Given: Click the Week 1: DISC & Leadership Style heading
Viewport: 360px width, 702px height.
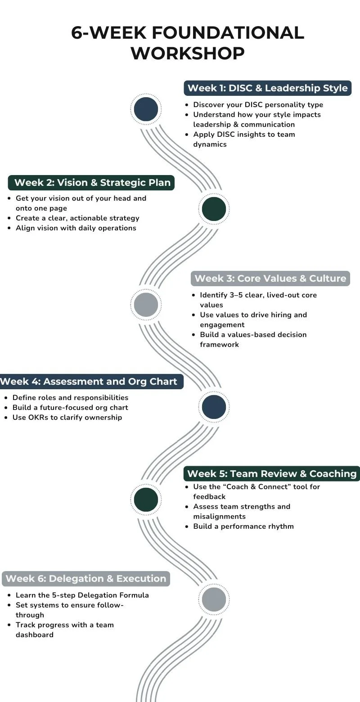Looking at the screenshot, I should click(x=267, y=88).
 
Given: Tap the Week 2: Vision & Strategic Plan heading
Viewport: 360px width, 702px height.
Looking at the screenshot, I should click(x=92, y=182).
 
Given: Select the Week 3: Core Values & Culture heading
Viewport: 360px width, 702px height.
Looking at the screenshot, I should click(x=270, y=279).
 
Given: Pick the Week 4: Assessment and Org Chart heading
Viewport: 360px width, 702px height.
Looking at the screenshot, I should click(x=89, y=382).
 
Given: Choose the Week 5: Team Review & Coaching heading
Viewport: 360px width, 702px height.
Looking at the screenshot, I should click(x=272, y=473).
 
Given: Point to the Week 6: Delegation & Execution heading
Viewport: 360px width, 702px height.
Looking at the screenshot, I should click(x=86, y=578).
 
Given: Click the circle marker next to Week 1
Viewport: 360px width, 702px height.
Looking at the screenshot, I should click(x=146, y=109).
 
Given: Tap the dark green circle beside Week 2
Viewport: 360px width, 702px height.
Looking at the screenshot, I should click(x=214, y=209).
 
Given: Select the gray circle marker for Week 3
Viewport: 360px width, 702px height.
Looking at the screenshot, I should click(x=146, y=305).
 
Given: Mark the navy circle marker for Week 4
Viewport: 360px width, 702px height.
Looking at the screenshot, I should click(x=214, y=407).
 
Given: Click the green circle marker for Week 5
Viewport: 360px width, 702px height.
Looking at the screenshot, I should click(x=146, y=499).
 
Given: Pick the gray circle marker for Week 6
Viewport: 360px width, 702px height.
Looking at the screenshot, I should click(x=214, y=599).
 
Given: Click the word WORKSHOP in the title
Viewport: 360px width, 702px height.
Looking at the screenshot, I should click(x=188, y=53).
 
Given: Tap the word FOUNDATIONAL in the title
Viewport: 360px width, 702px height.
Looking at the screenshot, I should click(x=227, y=33).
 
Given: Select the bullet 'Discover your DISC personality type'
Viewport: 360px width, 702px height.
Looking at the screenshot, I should click(x=258, y=104).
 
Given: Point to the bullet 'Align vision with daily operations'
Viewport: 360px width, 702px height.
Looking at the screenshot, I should click(x=76, y=228).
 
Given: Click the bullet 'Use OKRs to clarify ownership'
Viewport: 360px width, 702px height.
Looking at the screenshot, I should click(x=67, y=417).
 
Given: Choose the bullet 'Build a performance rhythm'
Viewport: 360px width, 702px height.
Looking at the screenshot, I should click(x=243, y=526).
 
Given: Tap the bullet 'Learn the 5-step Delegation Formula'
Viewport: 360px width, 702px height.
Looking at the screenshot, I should click(x=82, y=595).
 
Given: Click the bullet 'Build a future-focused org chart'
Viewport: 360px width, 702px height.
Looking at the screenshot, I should click(x=70, y=407).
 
